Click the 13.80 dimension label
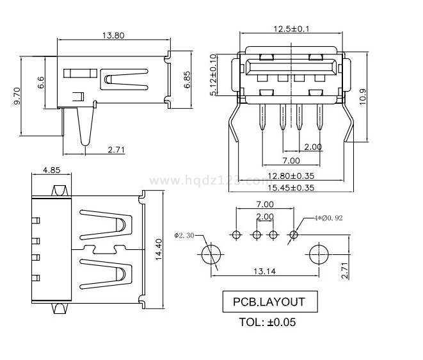(x=113, y=35)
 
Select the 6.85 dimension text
(x=187, y=79)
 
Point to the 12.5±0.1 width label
(x=291, y=28)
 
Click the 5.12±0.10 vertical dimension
(x=214, y=76)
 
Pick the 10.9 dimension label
(x=363, y=96)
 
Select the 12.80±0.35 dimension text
(x=291, y=176)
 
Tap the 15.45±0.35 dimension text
(x=291, y=188)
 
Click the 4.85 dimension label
(x=51, y=170)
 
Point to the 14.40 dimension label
(x=157, y=245)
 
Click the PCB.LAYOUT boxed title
(x=268, y=302)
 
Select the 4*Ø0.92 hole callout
(x=330, y=218)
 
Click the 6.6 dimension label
(x=41, y=82)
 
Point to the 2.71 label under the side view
(x=116, y=150)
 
